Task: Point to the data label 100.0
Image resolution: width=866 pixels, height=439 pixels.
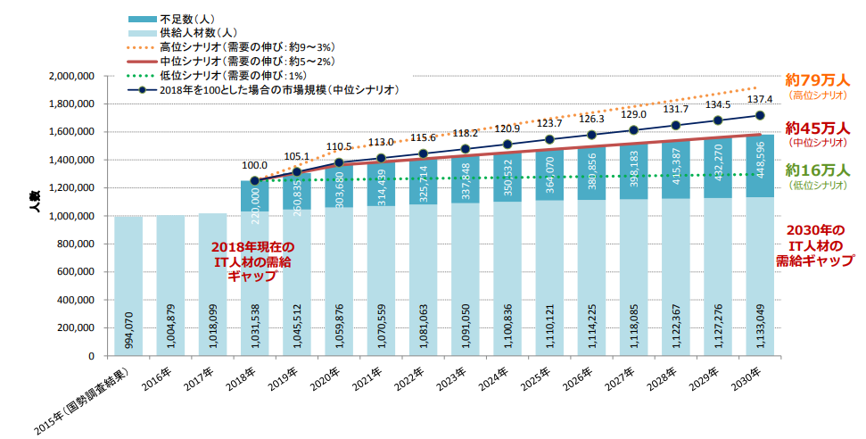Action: click(x=255, y=166)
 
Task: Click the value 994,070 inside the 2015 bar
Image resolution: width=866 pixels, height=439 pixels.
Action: click(x=128, y=331)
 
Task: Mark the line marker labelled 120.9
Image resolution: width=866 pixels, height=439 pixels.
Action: click(x=507, y=145)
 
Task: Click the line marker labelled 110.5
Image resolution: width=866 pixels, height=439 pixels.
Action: click(x=339, y=162)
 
